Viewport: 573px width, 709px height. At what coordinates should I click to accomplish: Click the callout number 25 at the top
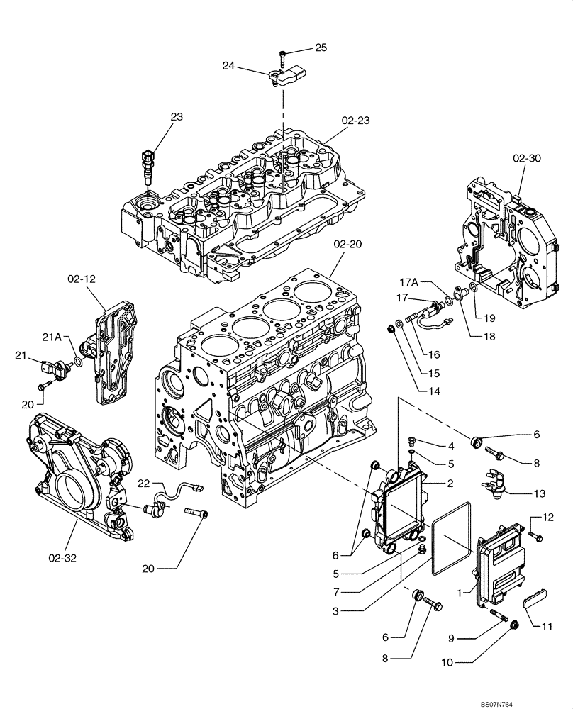tap(321, 48)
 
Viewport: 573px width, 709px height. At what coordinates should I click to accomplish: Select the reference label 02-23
tap(354, 121)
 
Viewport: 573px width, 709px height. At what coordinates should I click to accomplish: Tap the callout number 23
tap(176, 117)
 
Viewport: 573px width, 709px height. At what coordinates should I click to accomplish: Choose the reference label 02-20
tap(347, 243)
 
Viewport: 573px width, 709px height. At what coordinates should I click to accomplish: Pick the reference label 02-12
tap(82, 279)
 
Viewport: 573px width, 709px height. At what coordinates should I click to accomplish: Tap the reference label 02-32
tap(62, 558)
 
